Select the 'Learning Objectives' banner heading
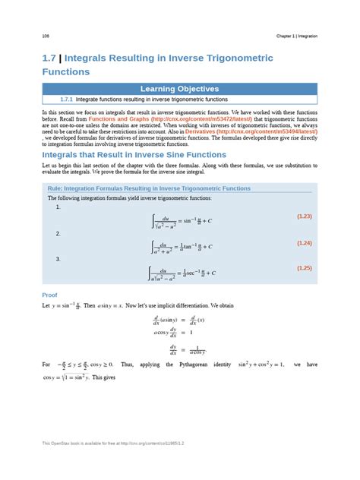pos(179,89)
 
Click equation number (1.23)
pos(305,216)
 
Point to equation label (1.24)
pos(305,243)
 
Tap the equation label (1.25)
pos(305,267)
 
